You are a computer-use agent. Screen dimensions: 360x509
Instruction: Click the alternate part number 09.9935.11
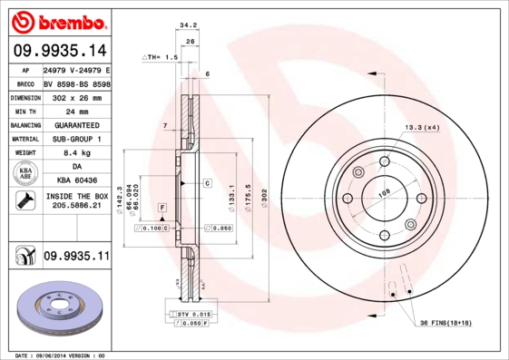(x=76, y=258)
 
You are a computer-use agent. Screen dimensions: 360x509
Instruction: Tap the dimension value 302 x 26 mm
(x=75, y=96)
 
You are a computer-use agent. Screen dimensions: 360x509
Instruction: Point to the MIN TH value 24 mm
(x=75, y=111)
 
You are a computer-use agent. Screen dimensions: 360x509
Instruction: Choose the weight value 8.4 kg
(x=75, y=153)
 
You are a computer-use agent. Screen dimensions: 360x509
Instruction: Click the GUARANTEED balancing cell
(x=75, y=124)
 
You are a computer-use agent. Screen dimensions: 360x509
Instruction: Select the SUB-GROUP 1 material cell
(x=75, y=139)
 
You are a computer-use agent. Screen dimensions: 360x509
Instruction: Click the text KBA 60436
(x=75, y=180)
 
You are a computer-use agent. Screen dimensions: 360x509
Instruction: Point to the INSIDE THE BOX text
(x=75, y=196)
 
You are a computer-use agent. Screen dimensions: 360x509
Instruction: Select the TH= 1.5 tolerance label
(x=160, y=57)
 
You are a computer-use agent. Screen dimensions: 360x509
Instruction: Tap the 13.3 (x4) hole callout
(x=421, y=127)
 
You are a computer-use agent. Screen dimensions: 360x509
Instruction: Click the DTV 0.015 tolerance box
(x=190, y=313)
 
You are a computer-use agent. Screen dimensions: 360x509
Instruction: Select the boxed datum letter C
(x=207, y=183)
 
